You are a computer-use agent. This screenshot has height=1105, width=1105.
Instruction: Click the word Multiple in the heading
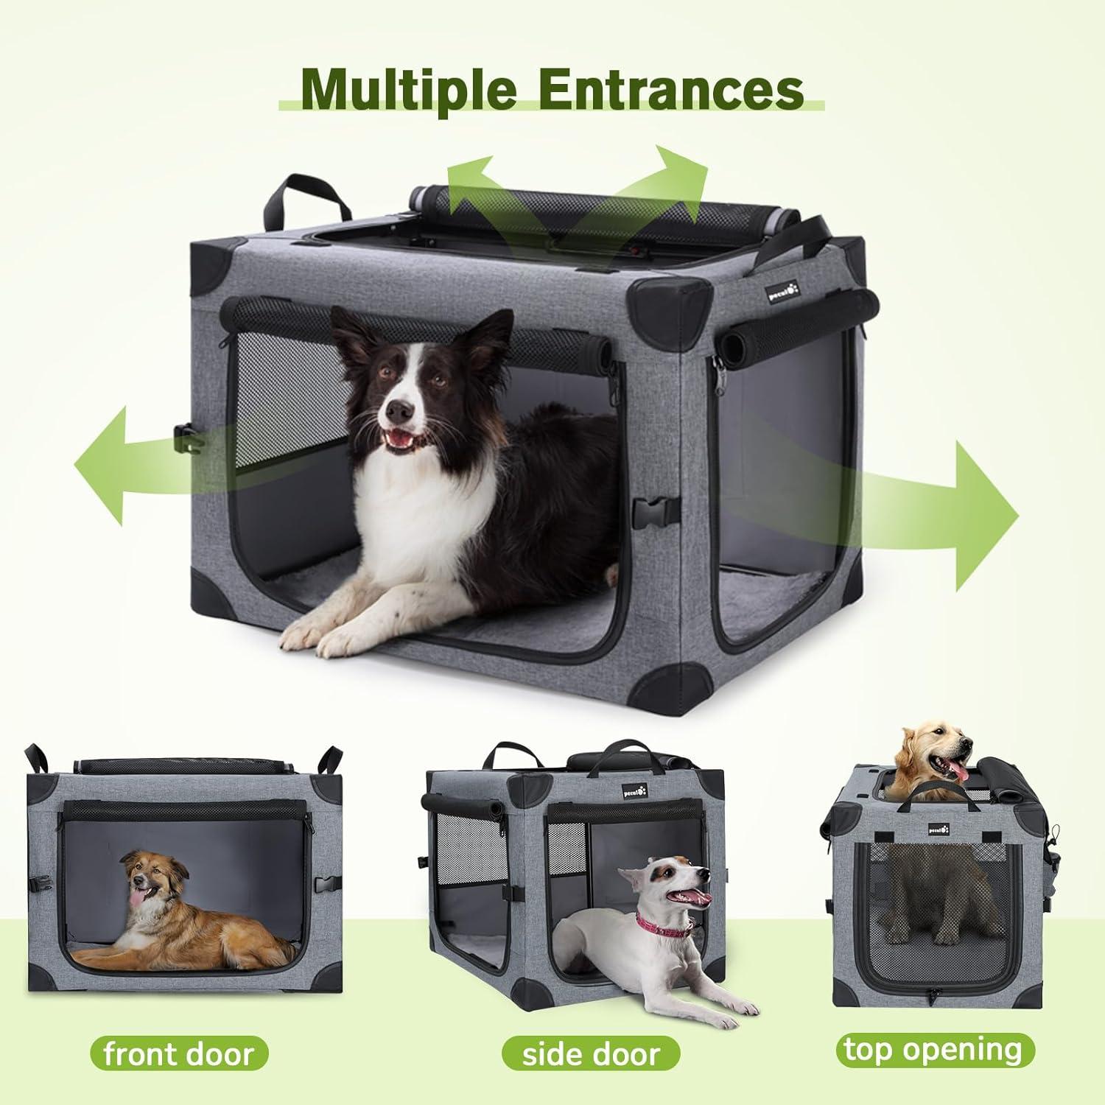[x=409, y=89]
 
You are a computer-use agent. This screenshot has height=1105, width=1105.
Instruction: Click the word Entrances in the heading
[x=667, y=89]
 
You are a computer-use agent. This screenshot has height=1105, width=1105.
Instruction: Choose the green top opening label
[x=935, y=1049]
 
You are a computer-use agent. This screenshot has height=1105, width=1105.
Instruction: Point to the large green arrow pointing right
[x=869, y=516]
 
